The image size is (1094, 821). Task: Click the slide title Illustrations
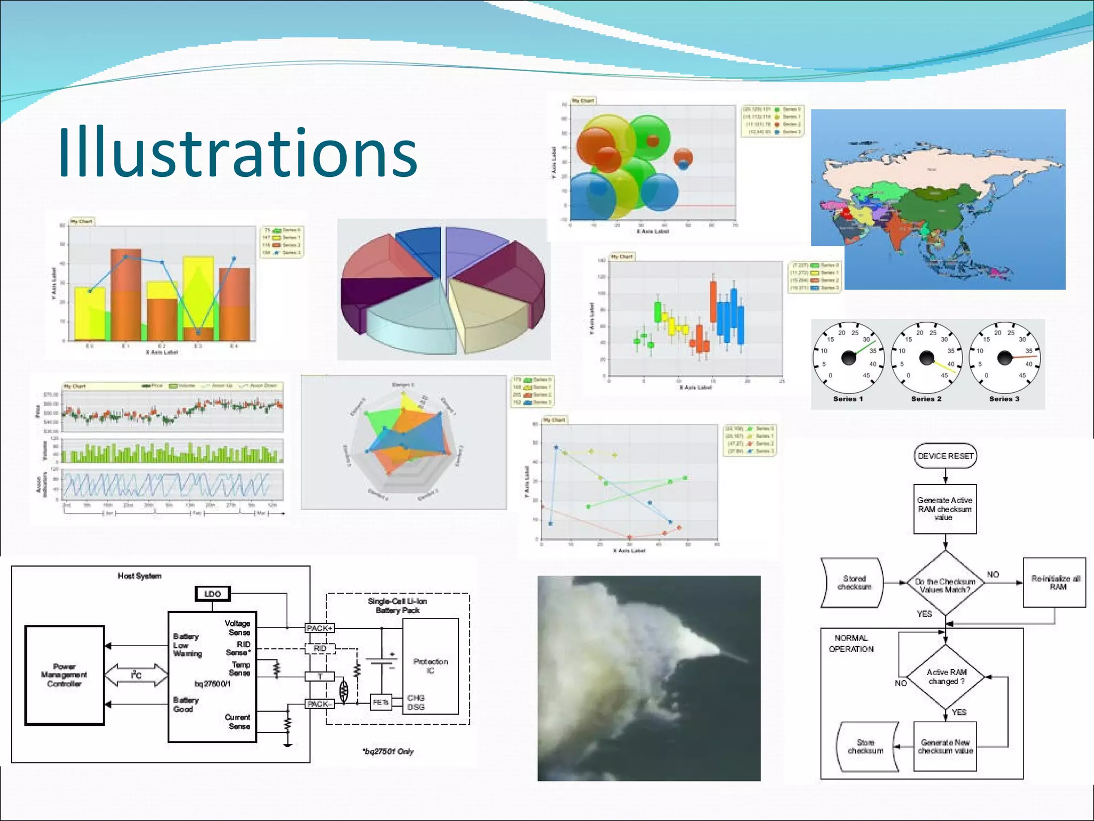coord(237,153)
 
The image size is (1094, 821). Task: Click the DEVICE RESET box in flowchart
coord(945,456)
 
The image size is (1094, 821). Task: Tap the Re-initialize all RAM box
coord(1054,583)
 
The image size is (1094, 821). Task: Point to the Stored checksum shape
coord(853,583)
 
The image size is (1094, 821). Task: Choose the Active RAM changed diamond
coord(945,677)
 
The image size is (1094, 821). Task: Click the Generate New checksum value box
coord(945,746)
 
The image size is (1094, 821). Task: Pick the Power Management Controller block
coord(64,675)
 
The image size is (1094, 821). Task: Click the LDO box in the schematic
coord(213,594)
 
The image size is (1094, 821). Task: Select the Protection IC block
coord(431,666)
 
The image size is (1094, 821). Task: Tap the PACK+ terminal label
coord(319,628)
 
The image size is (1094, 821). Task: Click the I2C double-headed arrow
coord(136,675)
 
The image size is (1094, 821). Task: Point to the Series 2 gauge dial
coord(926,358)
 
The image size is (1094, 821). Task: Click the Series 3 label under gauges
coord(1004,399)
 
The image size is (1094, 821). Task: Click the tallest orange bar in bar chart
coord(126,294)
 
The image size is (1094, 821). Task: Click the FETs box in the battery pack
coord(380,702)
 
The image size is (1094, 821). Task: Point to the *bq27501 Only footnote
coord(388,752)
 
